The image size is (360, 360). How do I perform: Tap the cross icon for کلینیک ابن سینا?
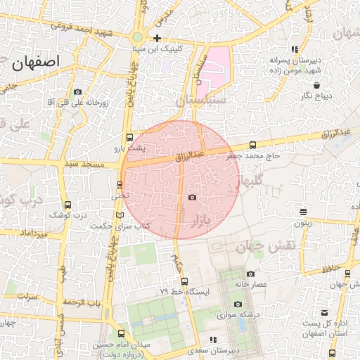click(157, 38)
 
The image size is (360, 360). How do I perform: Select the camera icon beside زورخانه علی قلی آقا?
click(77, 91)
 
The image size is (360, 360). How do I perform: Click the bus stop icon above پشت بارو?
click(129, 138)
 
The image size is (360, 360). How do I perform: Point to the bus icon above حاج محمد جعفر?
click(252, 145)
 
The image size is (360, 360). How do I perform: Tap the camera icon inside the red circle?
click(192, 198)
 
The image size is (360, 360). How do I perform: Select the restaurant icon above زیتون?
click(303, 212)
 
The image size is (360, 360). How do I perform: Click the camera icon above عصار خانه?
click(251, 274)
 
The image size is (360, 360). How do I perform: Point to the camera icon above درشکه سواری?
click(238, 304)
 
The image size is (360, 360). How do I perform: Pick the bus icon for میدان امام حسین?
click(122, 333)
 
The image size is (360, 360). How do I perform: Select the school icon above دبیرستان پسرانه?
click(294, 49)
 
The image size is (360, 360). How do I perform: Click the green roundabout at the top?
click(138, 37)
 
